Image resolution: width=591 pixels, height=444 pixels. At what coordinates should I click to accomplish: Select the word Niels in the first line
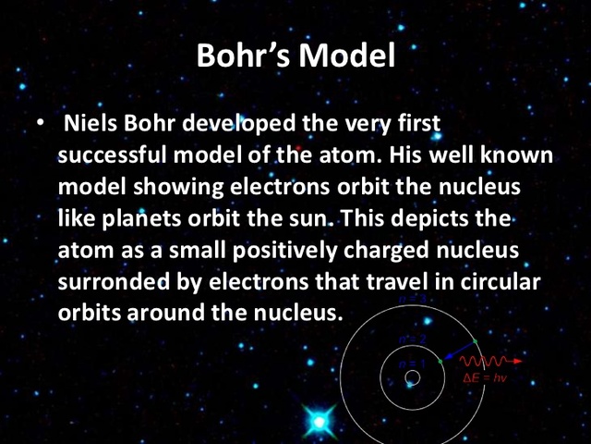tap(92, 124)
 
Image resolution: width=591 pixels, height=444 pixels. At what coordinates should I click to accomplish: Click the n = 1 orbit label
tap(412, 364)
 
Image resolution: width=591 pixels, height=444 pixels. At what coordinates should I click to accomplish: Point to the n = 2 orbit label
tap(412, 339)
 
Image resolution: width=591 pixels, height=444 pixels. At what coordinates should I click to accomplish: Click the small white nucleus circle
tap(413, 377)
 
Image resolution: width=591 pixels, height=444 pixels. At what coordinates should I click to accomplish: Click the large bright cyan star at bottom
tap(320, 422)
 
